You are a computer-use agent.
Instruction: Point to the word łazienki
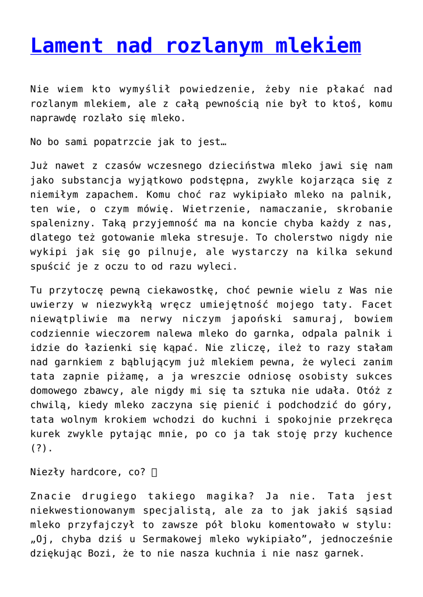[98, 347]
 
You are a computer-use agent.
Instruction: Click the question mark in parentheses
[37, 448]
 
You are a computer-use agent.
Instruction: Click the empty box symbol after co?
[154, 473]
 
